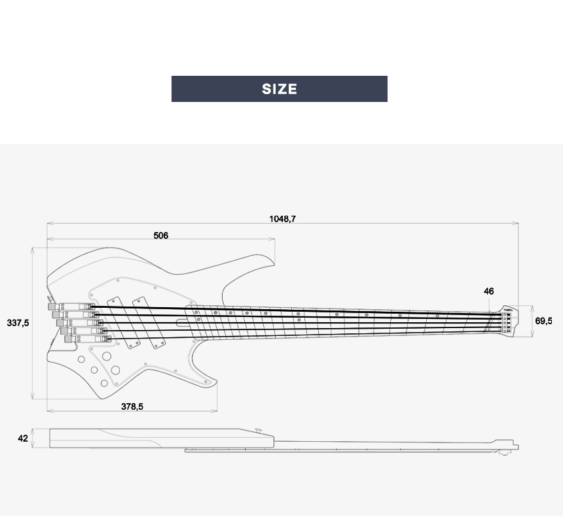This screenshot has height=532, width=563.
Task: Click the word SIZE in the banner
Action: pyautogui.click(x=280, y=89)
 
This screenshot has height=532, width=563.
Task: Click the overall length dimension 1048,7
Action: pyautogui.click(x=282, y=219)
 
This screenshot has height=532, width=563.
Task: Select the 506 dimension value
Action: pyautogui.click(x=161, y=235)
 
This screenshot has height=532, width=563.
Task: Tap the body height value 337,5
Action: pyautogui.click(x=18, y=323)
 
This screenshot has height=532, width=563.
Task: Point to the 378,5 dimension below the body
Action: pyautogui.click(x=132, y=407)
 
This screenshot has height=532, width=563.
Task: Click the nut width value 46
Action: pyautogui.click(x=489, y=291)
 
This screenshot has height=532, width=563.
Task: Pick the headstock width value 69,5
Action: pyautogui.click(x=543, y=321)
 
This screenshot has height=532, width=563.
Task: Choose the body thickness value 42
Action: pyautogui.click(x=23, y=439)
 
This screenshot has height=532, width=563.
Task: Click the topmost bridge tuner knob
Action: pyautogui.click(x=50, y=307)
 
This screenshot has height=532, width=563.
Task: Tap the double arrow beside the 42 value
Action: pyautogui.click(x=33, y=439)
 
